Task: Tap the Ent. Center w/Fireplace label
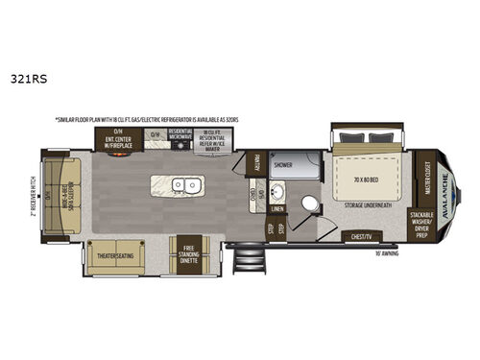coord(118,140)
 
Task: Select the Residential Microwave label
coord(180,136)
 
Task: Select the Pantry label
coord(256,166)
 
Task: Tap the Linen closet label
coord(278,207)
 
